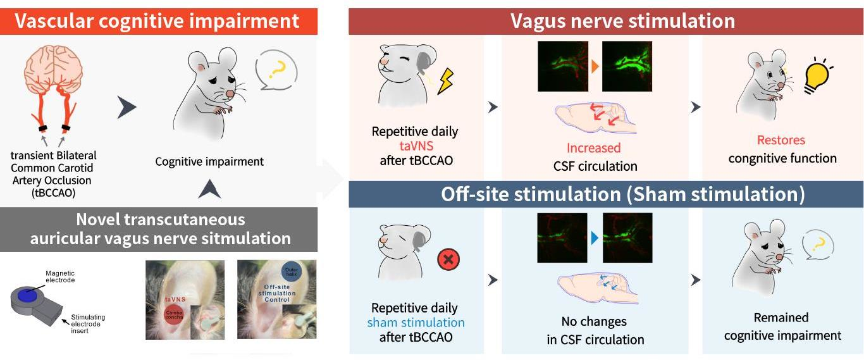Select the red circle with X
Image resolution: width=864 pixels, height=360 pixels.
(x=448, y=259)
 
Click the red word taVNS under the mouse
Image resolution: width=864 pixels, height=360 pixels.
(x=415, y=147)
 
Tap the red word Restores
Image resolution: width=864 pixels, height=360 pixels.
(x=781, y=140)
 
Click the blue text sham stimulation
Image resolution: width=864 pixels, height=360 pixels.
(x=416, y=323)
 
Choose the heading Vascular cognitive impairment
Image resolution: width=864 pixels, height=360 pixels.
(x=157, y=21)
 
